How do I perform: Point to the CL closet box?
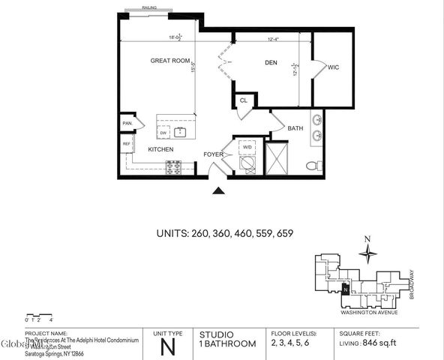point(244,100)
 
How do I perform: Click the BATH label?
point(295,129)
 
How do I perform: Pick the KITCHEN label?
point(160,149)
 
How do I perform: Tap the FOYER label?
point(214,154)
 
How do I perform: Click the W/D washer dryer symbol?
point(247,148)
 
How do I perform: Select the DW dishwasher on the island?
point(163,133)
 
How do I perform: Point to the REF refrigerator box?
point(126,143)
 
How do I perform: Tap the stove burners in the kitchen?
point(173,168)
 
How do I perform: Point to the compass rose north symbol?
point(367,253)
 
